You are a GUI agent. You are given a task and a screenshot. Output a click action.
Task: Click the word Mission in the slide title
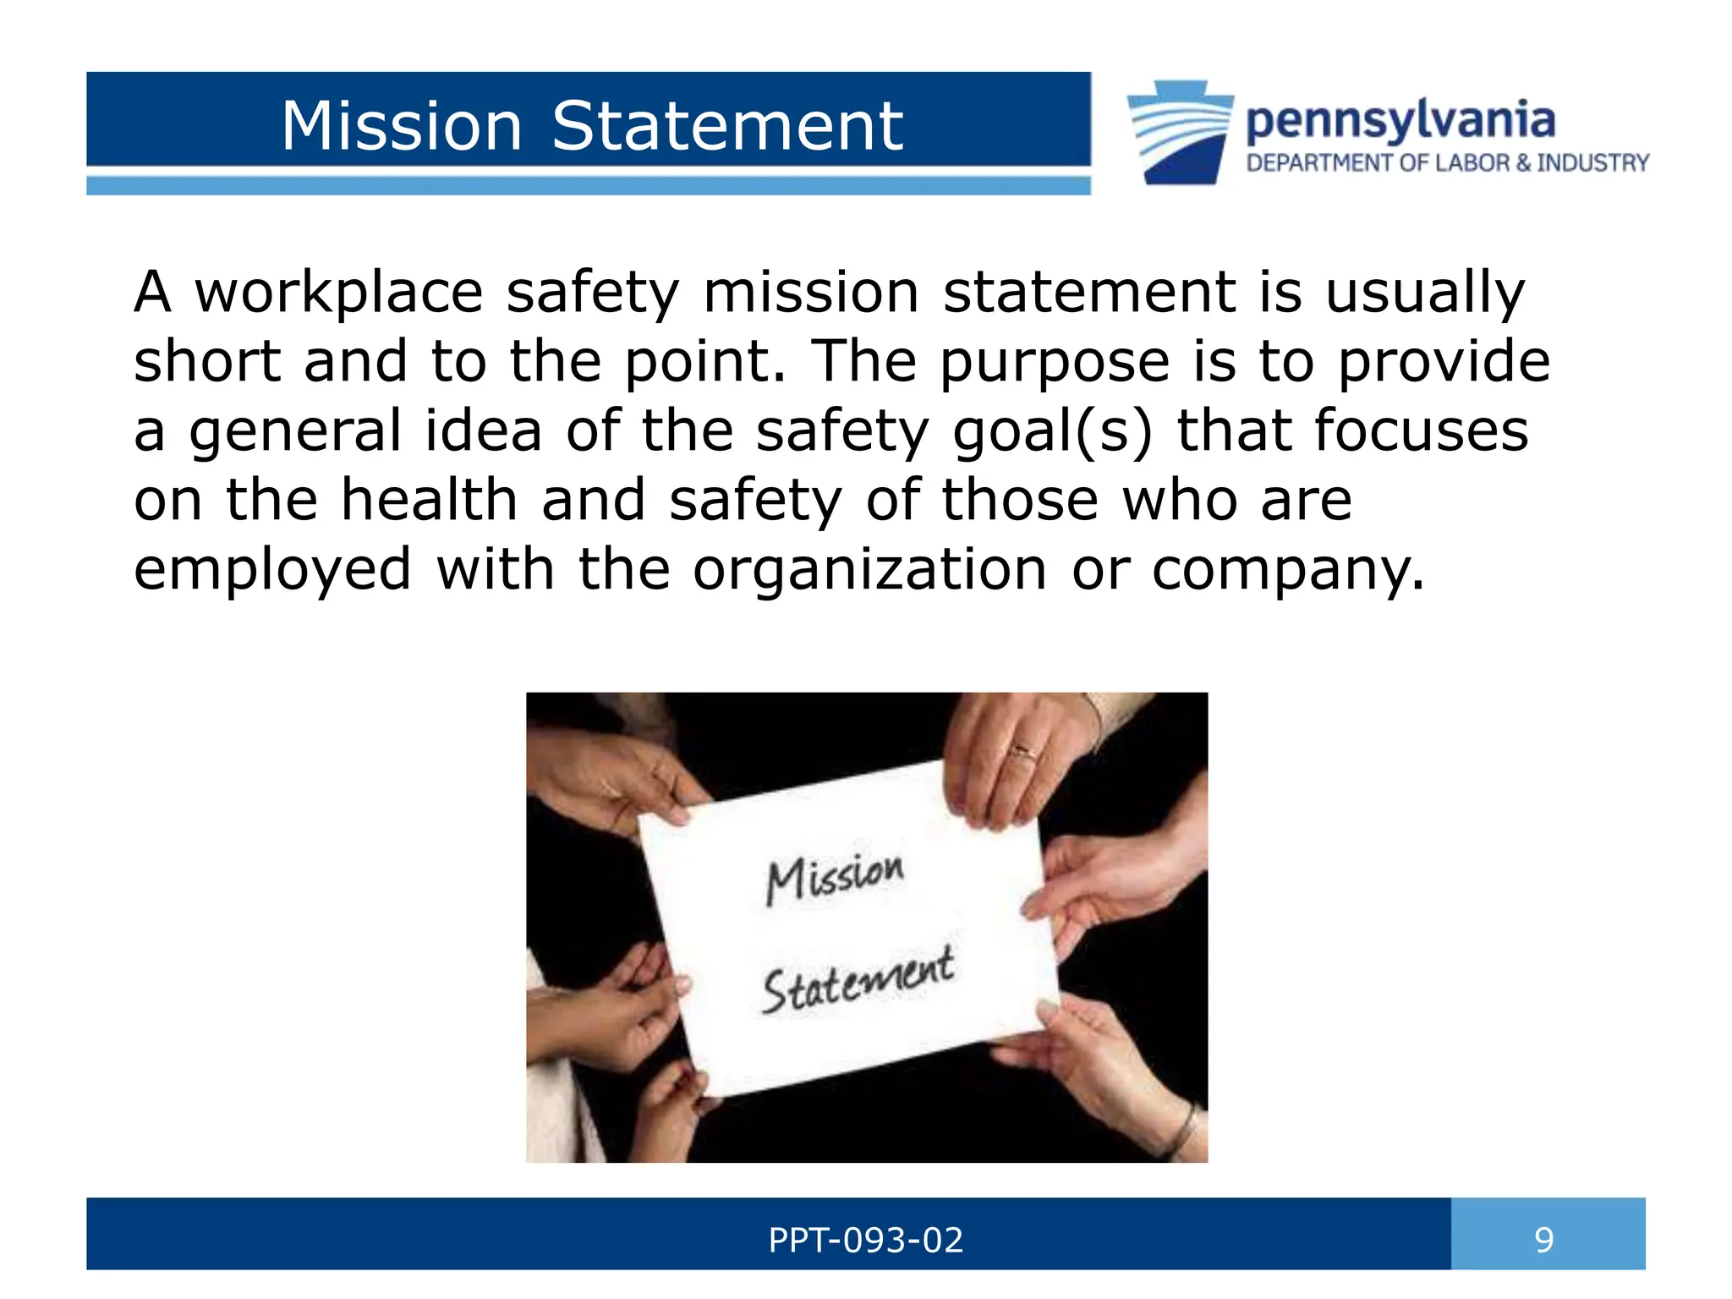coord(402,126)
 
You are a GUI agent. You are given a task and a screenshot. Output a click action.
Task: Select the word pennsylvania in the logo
coord(1400,121)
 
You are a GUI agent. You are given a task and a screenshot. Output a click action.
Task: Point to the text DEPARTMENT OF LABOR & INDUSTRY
coord(1447,162)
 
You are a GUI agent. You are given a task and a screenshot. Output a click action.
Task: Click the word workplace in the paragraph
coord(339,293)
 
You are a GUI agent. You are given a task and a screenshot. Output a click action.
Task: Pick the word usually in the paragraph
coord(1424,293)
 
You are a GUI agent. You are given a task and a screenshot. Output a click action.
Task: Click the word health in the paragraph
coord(429,500)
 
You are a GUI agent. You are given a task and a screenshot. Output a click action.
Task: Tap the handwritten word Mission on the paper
coord(835,878)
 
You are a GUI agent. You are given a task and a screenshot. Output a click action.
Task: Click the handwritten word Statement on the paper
coord(858,981)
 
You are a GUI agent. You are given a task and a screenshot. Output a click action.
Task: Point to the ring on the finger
coord(1024,751)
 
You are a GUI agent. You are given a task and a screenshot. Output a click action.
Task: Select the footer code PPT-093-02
coord(865,1240)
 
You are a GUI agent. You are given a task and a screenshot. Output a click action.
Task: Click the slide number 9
coord(1544,1240)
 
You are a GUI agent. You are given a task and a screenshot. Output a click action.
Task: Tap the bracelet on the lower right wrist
coord(1184,1129)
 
